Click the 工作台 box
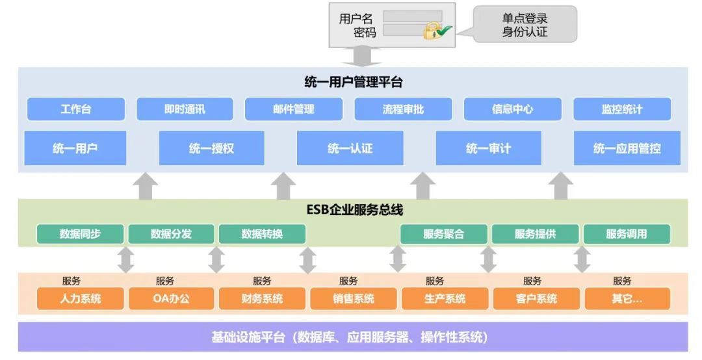pyautogui.click(x=75, y=109)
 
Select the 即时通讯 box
pyautogui.click(x=185, y=109)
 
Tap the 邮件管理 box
pyautogui.click(x=294, y=109)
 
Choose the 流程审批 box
pyautogui.click(x=403, y=109)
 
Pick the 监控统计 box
pyautogui.click(x=621, y=109)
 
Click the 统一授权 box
pyautogui.click(x=211, y=148)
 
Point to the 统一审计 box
pyautogui.click(x=488, y=148)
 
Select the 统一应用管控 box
pyautogui.click(x=627, y=148)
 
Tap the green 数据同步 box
pyautogui.click(x=80, y=234)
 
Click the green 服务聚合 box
pyautogui.click(x=443, y=234)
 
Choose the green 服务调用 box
pyautogui.click(x=626, y=234)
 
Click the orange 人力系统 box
pyautogui.click(x=81, y=299)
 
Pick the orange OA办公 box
pyautogui.click(x=172, y=299)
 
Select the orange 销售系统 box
pyautogui.click(x=352, y=299)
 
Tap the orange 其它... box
pyautogui.click(x=627, y=299)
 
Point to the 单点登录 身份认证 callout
pyautogui.click(x=525, y=25)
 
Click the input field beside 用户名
pyautogui.click(x=412, y=16)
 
